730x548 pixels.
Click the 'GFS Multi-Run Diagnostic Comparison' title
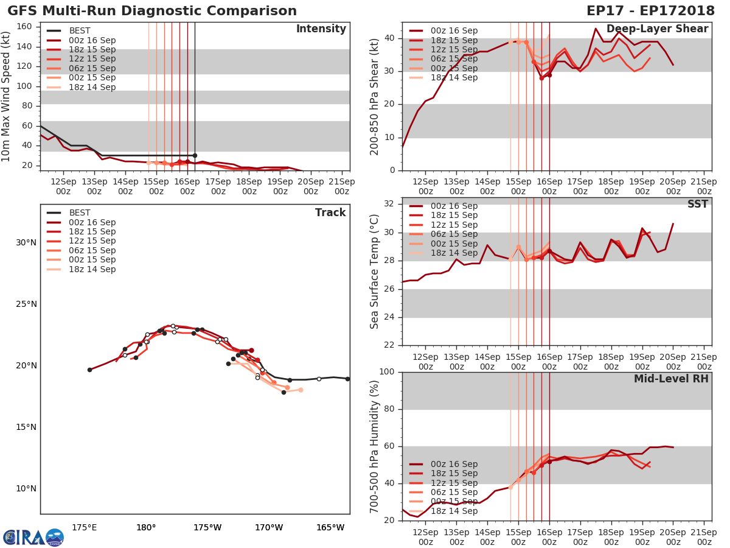click(152, 11)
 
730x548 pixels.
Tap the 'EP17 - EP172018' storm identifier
click(650, 11)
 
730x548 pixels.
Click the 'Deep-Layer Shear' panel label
click(657, 29)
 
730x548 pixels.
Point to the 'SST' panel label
click(698, 205)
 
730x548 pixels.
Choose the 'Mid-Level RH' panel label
click(671, 379)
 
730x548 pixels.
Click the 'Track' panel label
click(330, 213)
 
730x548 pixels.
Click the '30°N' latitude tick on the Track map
click(26, 242)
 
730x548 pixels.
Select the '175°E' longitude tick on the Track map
click(84, 527)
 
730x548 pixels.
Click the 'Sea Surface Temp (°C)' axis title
click(375, 272)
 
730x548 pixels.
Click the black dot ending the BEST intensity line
click(195, 155)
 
